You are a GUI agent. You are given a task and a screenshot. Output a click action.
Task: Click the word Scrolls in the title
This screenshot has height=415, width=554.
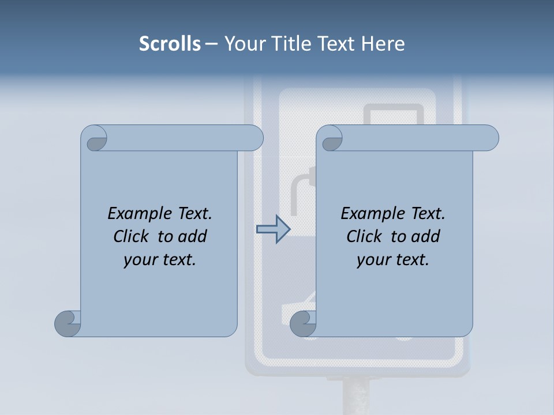[x=170, y=44]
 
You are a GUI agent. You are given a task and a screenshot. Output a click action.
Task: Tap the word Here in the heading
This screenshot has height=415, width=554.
[x=383, y=44]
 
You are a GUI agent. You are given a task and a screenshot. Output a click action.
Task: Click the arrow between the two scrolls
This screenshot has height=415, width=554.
[x=273, y=229]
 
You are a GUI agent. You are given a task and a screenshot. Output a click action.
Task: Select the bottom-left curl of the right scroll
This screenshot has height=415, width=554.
[x=304, y=324]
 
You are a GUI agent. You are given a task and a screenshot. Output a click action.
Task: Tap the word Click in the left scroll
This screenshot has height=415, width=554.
[x=130, y=236]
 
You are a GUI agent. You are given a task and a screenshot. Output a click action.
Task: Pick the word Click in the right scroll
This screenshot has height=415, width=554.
[x=364, y=236]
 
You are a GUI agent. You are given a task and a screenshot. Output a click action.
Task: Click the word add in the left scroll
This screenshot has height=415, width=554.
[x=193, y=236]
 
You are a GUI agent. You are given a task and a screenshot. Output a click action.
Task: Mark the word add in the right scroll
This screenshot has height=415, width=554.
[x=426, y=236]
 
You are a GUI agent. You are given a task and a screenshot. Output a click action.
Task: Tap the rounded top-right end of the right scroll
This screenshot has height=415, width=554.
[x=489, y=138]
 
